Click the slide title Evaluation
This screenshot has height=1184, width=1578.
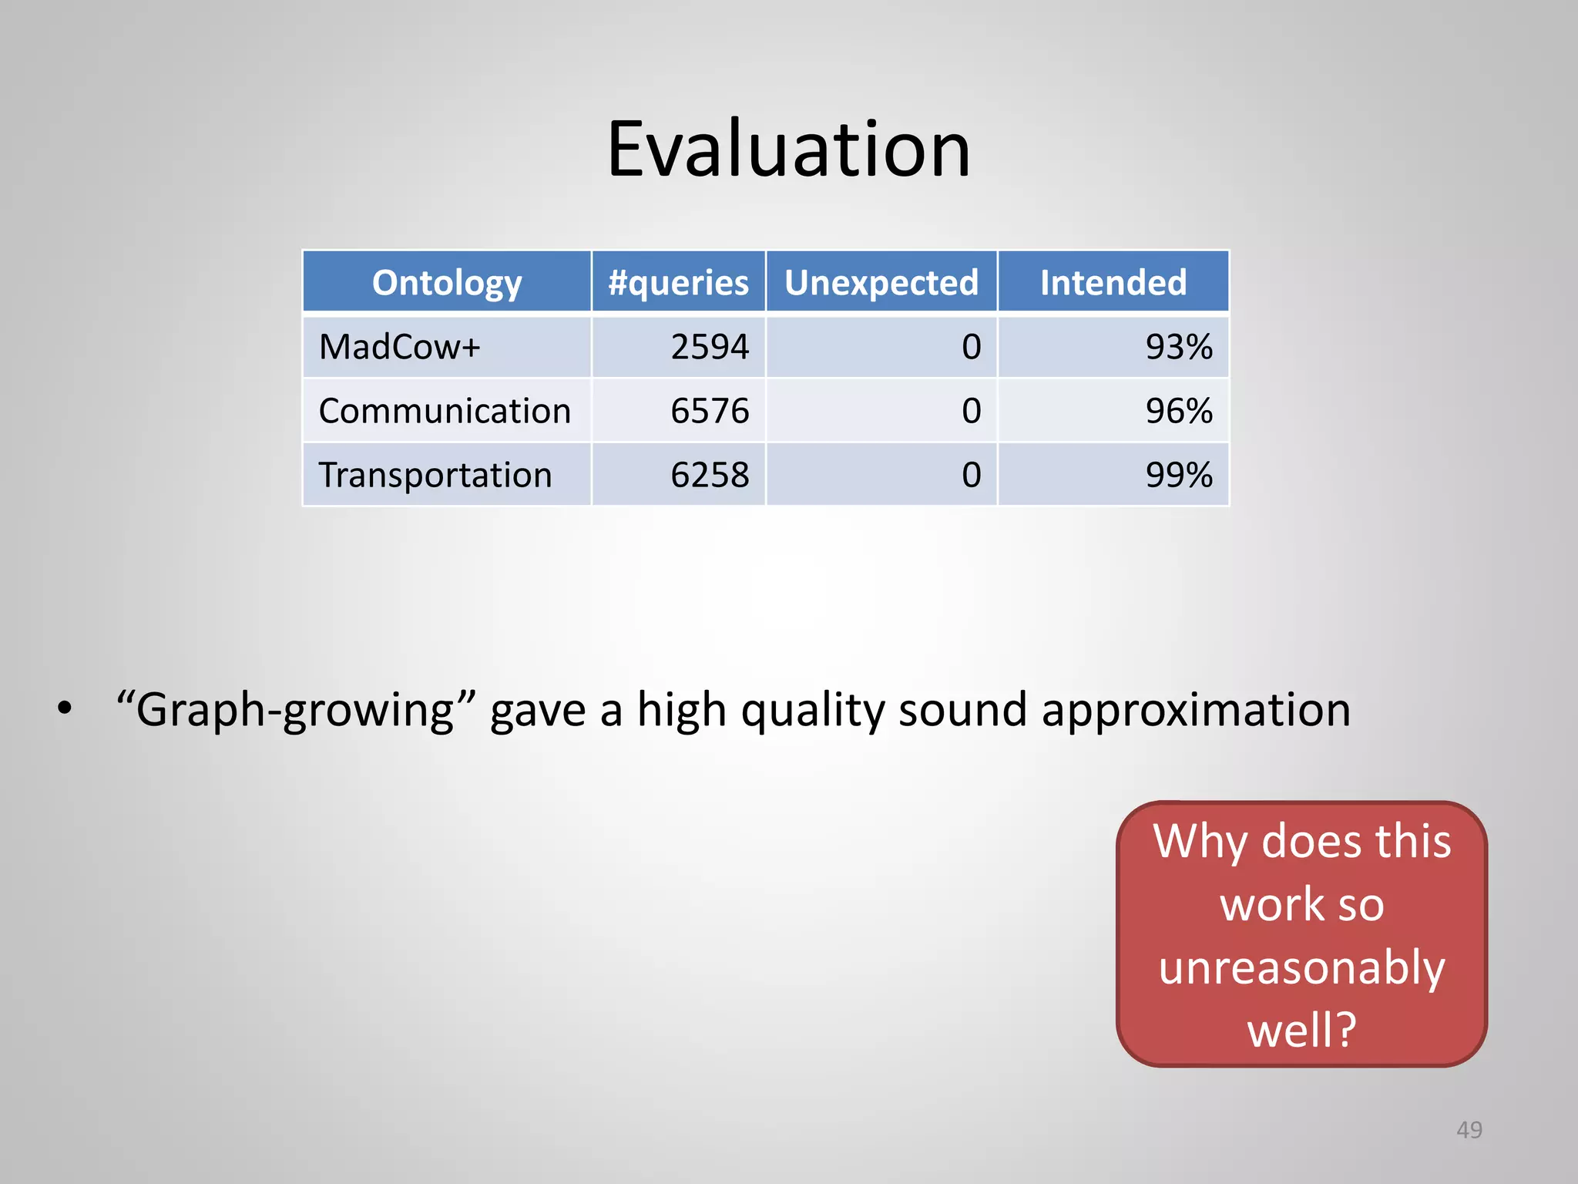788,150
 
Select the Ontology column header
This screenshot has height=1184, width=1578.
447,283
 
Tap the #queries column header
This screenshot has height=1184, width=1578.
678,283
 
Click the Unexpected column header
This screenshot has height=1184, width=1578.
881,283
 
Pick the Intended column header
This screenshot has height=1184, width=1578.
1113,283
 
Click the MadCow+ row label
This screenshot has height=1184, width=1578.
399,347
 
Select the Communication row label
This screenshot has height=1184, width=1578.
445,411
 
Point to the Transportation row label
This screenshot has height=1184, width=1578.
435,475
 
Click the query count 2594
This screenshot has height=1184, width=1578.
710,347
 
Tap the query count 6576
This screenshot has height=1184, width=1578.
710,411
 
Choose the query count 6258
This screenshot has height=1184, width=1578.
710,475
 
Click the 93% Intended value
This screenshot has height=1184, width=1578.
1179,347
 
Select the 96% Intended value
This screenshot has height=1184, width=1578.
1179,411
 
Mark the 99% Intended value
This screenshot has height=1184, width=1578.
1179,475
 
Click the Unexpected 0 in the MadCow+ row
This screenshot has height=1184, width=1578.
972,347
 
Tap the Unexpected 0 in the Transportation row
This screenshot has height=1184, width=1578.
972,475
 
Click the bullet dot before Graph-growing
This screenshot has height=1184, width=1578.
65,708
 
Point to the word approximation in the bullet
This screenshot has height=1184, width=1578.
1196,711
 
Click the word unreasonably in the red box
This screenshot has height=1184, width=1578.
1301,968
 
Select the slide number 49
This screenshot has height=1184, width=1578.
1469,1130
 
